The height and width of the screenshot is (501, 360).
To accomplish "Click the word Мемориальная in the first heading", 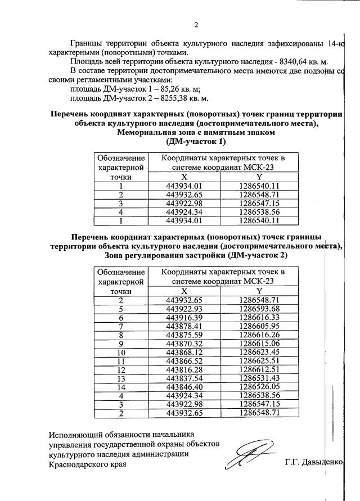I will [148, 133].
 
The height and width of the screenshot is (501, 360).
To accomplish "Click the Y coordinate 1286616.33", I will [259, 318].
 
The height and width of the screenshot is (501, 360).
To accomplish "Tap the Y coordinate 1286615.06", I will [259, 344].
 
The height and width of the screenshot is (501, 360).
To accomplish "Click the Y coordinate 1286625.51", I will [259, 361].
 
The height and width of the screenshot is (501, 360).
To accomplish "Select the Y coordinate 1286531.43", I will [259, 378].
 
